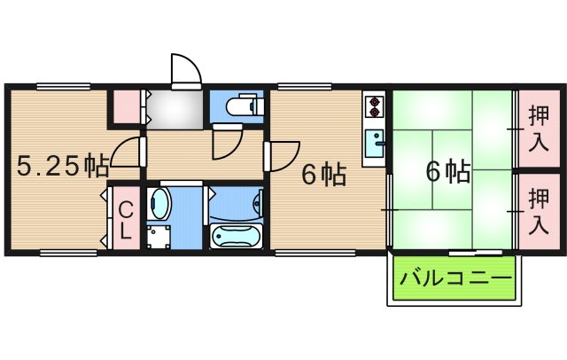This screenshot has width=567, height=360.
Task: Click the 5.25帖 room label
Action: [63, 165]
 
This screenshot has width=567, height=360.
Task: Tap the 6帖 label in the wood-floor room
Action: [322, 175]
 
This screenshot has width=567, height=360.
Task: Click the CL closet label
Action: [126, 221]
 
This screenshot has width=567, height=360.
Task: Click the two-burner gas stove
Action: [374, 106]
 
